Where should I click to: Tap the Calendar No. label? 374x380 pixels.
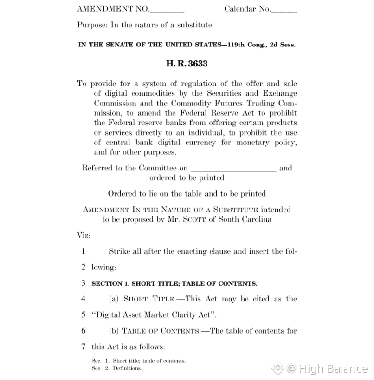[246, 9]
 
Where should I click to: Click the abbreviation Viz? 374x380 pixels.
[84, 236]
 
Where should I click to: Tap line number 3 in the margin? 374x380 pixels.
[83, 283]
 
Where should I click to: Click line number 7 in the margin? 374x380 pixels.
[83, 347]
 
